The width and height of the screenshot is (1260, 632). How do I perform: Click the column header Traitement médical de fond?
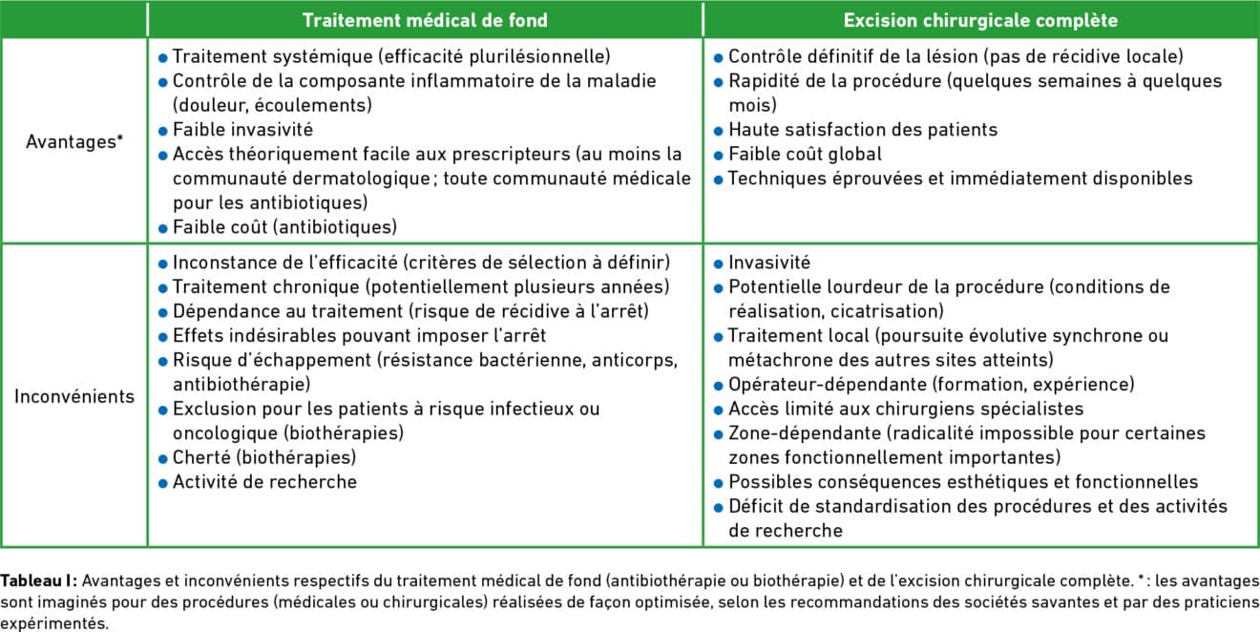coord(425,19)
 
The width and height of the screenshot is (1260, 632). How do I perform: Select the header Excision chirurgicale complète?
coord(981,19)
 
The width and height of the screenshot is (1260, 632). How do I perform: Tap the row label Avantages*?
coord(74,142)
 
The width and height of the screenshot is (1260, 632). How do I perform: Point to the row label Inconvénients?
coord(74,396)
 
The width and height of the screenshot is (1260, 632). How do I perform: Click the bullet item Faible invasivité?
coord(242,129)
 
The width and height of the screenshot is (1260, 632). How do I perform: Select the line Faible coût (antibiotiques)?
coord(284,226)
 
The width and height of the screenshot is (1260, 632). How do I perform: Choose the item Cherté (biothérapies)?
coord(264,457)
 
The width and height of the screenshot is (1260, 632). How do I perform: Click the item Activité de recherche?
coord(264,482)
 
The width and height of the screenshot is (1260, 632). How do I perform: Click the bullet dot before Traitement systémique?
coord(163,57)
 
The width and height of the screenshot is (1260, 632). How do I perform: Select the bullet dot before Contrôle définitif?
coord(719,57)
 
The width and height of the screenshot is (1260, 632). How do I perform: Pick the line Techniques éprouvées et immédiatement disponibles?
coord(959,178)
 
